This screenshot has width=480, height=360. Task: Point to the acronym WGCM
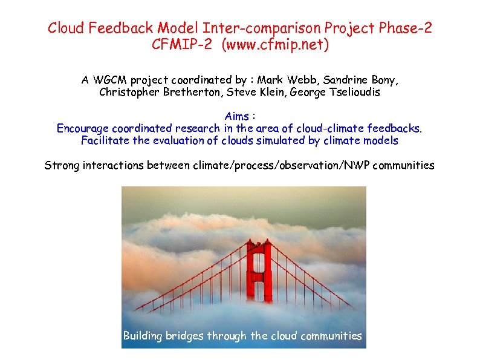[111, 80]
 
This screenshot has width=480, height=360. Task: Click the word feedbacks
[397, 128]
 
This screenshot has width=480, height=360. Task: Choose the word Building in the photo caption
[144, 336]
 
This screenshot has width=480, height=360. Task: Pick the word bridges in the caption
[186, 336]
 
